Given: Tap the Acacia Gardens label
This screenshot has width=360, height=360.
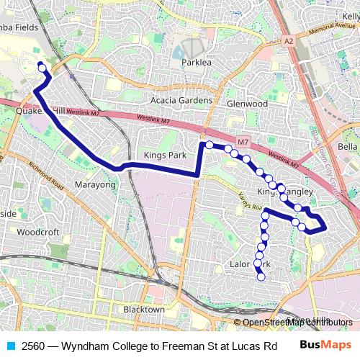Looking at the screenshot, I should click(181, 100).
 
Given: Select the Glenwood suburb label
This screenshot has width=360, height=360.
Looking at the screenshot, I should click(247, 104).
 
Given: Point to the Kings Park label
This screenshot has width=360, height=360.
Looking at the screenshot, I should click(165, 155).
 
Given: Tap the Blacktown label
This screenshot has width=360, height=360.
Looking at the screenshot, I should click(144, 309).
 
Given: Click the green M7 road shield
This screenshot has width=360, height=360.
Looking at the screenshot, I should click(243, 140).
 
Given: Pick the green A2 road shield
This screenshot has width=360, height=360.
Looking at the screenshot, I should click(289, 41).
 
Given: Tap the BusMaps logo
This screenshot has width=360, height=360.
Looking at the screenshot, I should click(326, 345).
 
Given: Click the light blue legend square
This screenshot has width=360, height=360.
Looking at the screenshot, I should click(11, 345).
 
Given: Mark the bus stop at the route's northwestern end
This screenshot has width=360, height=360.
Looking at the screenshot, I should click(42, 68).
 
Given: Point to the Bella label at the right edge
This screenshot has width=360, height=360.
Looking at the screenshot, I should click(348, 147).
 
